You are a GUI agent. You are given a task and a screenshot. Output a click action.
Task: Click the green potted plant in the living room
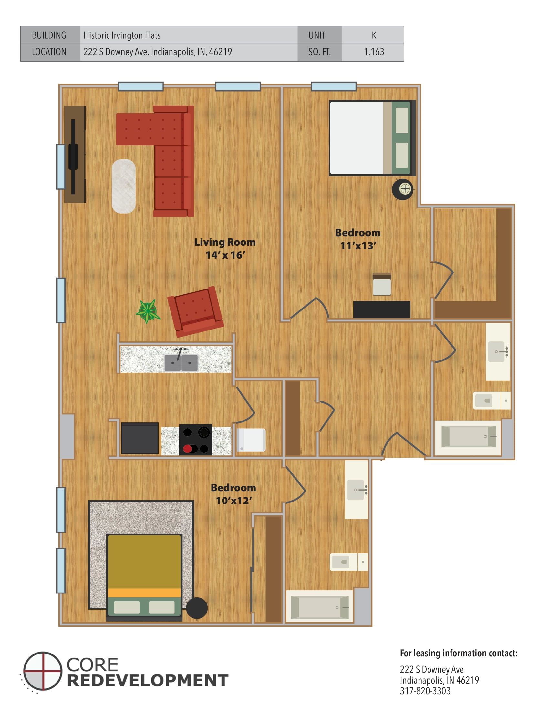pos(148,311)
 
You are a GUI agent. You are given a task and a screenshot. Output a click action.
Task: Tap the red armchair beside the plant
pos(195,311)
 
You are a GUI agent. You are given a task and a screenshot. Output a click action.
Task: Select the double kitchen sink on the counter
pos(181,362)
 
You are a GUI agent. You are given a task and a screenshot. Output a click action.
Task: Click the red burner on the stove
pos(187,449)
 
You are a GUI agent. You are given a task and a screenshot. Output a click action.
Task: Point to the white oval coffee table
pos(124,186)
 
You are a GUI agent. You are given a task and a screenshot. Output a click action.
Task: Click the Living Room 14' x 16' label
pos(225,249)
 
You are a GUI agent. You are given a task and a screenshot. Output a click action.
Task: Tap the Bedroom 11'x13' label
pos(358,239)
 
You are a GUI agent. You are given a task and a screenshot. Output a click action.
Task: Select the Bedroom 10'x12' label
pos(233,494)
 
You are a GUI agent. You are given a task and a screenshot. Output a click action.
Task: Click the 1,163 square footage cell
pos(374,52)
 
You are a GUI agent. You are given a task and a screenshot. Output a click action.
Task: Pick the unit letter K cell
pos(374,35)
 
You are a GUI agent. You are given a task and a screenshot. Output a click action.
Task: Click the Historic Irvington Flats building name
pos(122,35)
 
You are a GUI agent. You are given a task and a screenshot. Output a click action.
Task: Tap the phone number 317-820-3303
pos(425,691)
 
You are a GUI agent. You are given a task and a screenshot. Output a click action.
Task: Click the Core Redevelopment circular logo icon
pos(43,671)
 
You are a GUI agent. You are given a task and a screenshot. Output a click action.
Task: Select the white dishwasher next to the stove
pos(251,440)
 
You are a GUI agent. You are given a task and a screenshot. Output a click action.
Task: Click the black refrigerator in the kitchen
pos(140,438)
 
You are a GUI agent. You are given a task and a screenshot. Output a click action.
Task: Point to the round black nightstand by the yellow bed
pos(197,608)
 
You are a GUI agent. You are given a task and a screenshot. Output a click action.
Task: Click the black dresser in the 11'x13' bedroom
pos(381,309)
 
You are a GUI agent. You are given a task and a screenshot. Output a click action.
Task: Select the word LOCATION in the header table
pos(49,52)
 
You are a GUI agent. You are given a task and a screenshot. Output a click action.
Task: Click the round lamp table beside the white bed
pos(403,189)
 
